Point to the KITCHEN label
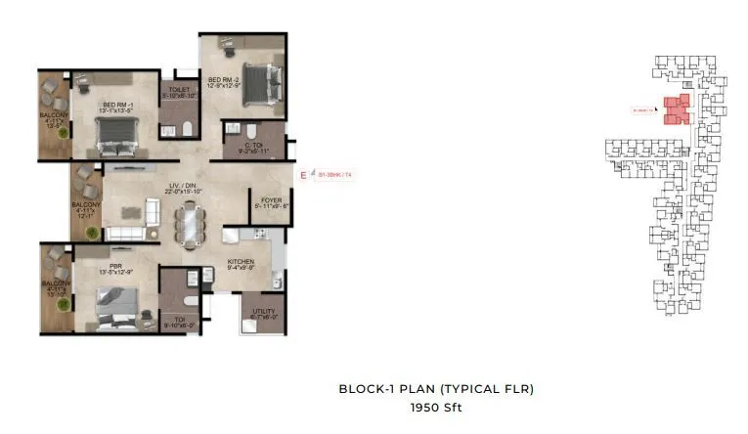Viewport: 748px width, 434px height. pyautogui.click(x=242, y=263)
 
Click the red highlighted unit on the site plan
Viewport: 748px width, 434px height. pyautogui.click(x=676, y=109)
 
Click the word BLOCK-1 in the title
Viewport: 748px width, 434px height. pyautogui.click(x=364, y=388)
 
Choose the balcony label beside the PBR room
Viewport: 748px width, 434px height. pyautogui.click(x=54, y=287)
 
